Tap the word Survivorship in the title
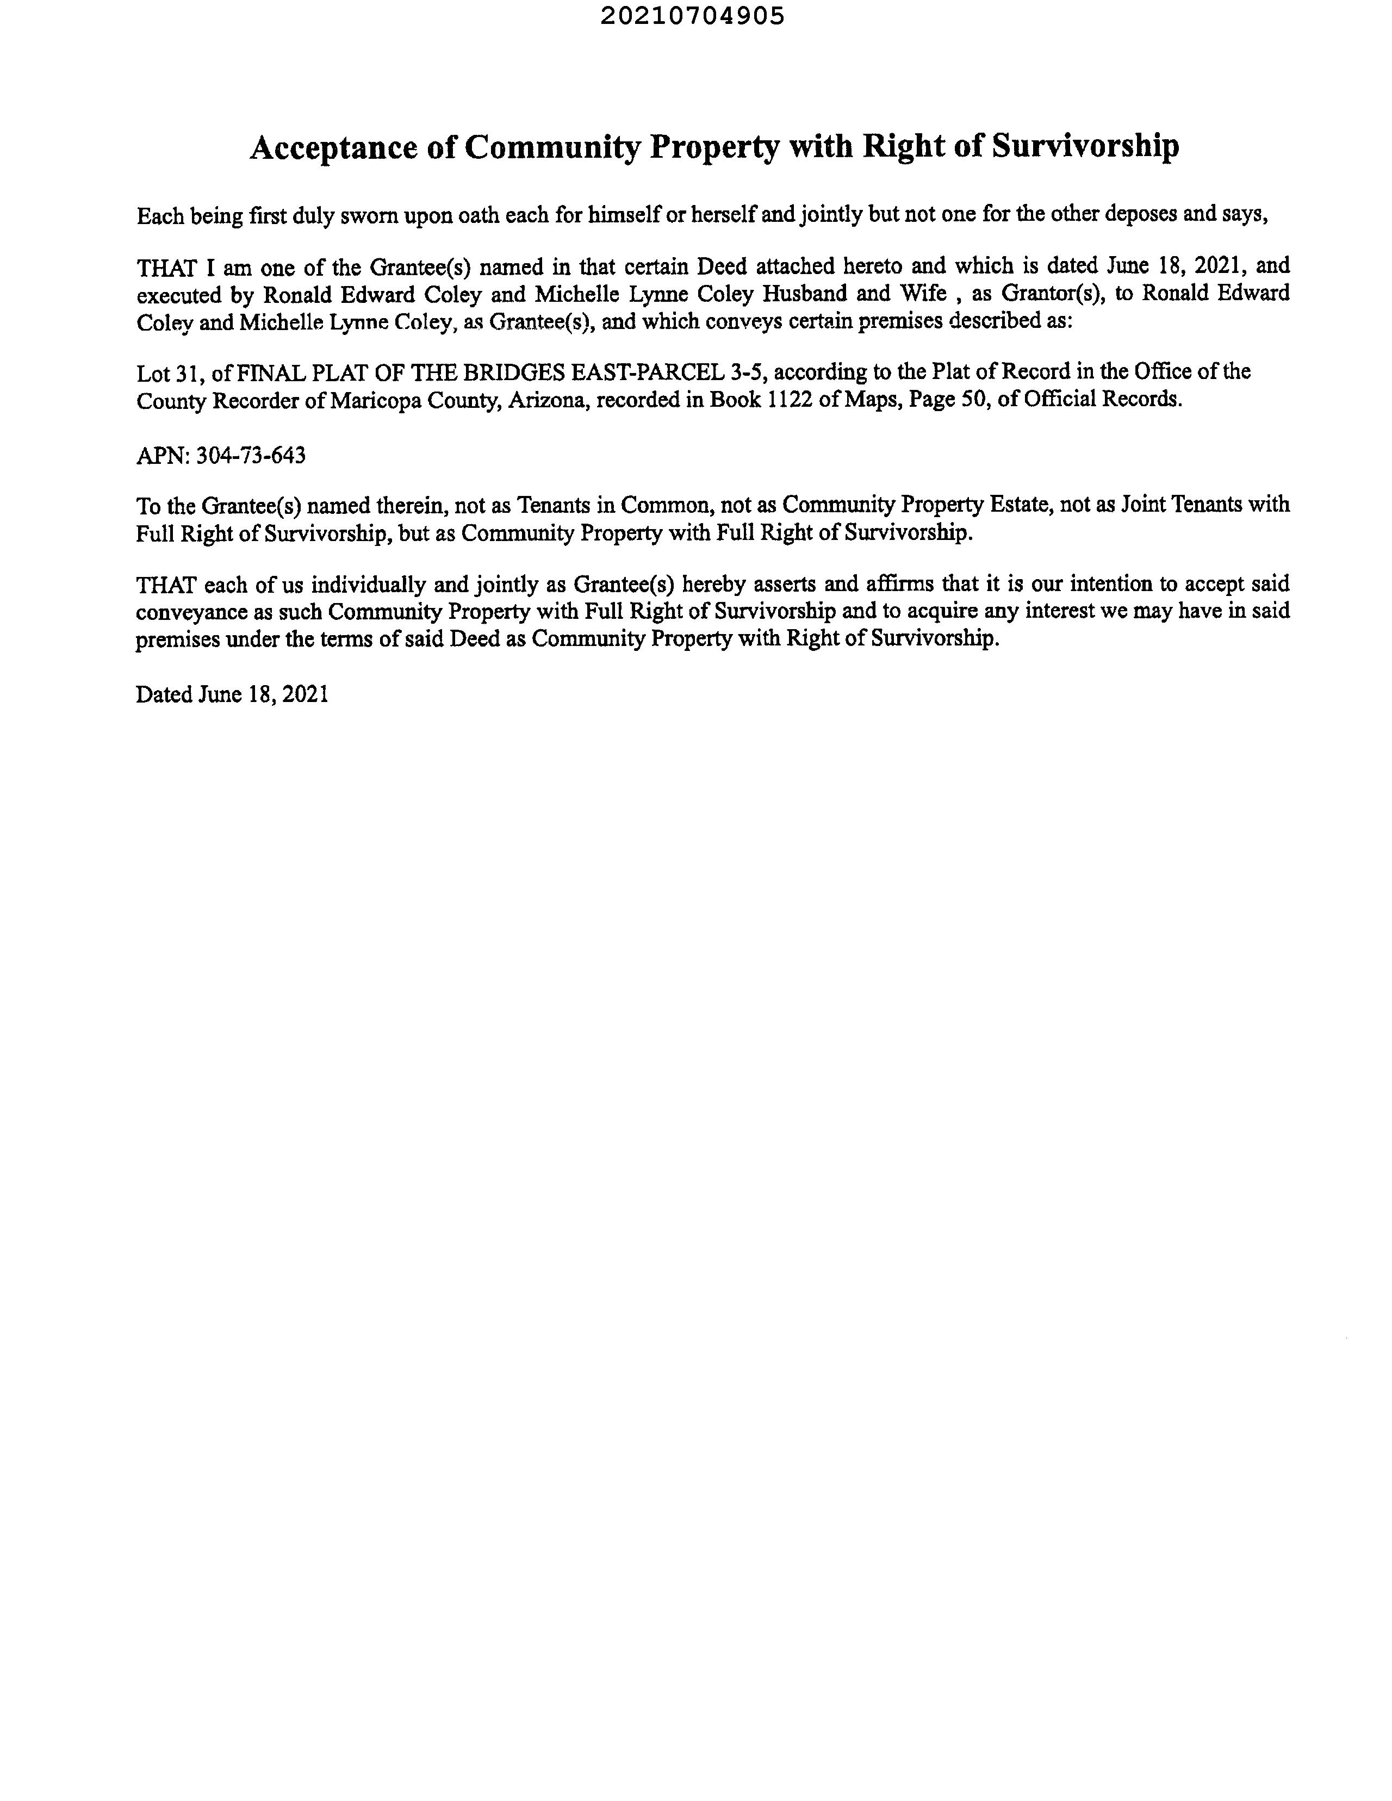coord(1085,146)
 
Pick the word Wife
coord(923,294)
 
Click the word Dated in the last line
coord(164,694)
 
